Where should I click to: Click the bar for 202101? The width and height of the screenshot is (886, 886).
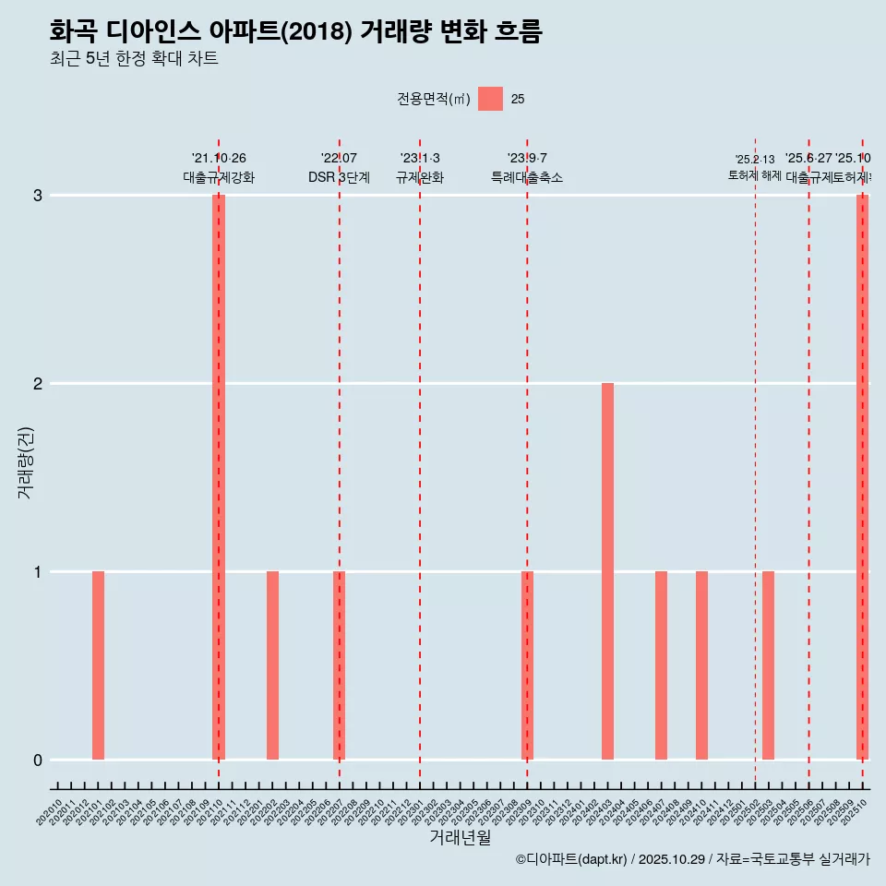pos(98,664)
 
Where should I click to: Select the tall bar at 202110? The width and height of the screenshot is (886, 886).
pos(219,476)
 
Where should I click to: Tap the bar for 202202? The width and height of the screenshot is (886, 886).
pos(272,664)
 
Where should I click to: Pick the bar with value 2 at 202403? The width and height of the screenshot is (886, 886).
pos(607,570)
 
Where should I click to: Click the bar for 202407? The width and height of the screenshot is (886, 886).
pos(661,664)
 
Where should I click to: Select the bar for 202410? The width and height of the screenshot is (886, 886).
pos(701,664)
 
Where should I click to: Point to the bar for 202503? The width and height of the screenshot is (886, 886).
pos(768,664)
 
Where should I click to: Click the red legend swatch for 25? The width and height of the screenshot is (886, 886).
pos(490,99)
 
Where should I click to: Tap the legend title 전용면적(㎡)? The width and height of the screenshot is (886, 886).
pos(433,100)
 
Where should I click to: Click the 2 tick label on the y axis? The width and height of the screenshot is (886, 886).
pos(38,383)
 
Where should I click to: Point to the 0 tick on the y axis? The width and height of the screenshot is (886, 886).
pos(38,760)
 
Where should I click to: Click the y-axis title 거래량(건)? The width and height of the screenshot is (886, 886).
pos(26,461)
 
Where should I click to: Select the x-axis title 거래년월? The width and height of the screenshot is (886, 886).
pos(460,837)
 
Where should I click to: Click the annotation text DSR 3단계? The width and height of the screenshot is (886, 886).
pos(339,177)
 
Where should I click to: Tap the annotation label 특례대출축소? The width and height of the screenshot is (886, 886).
pos(527,177)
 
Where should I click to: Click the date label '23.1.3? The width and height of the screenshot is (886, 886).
pos(420,158)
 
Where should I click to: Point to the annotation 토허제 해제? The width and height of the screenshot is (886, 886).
pos(755,175)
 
